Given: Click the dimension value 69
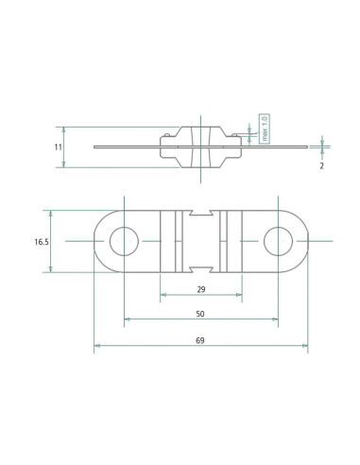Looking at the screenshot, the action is click(x=200, y=340).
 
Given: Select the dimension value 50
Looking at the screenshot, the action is click(x=200, y=314).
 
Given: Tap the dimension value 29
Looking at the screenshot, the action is click(x=201, y=289).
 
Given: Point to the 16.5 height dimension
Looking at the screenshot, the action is click(x=42, y=242).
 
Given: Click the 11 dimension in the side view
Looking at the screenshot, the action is click(x=59, y=147).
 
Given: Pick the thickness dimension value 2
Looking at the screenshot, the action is click(x=321, y=165).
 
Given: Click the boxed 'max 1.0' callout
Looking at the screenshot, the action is click(x=265, y=129).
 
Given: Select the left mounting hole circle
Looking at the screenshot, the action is click(x=124, y=241).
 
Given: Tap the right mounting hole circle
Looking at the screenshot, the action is click(x=278, y=241).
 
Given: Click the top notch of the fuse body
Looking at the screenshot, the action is click(x=201, y=213).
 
